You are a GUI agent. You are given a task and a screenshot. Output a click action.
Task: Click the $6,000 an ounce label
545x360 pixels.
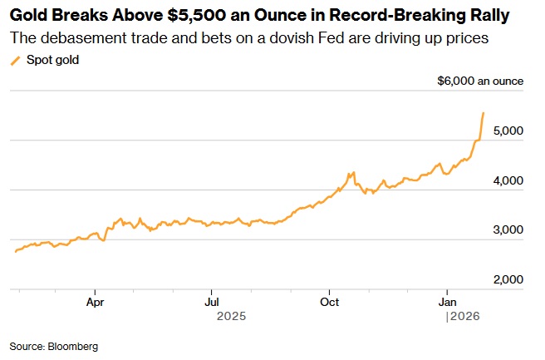480,81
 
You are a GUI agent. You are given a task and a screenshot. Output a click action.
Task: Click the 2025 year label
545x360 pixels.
232,317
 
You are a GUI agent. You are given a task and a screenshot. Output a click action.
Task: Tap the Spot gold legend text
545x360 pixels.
53,60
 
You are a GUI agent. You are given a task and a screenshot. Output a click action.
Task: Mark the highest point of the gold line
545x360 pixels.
484,112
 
